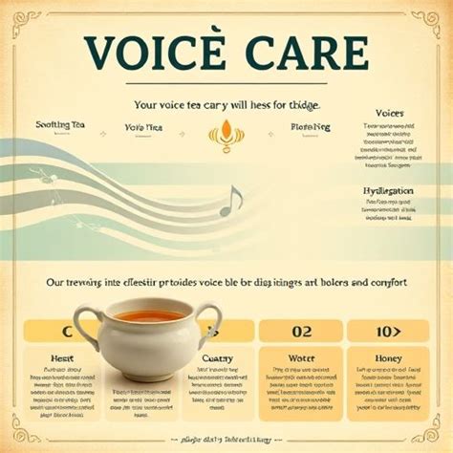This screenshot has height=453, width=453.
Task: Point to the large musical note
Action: pos(230,200)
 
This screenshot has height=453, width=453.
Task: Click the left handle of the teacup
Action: pos(88,326)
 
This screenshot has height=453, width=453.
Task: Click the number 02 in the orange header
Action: pos(302,332)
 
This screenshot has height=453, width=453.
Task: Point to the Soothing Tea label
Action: pos(61,125)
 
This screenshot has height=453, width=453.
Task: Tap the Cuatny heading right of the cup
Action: pos(218,357)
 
